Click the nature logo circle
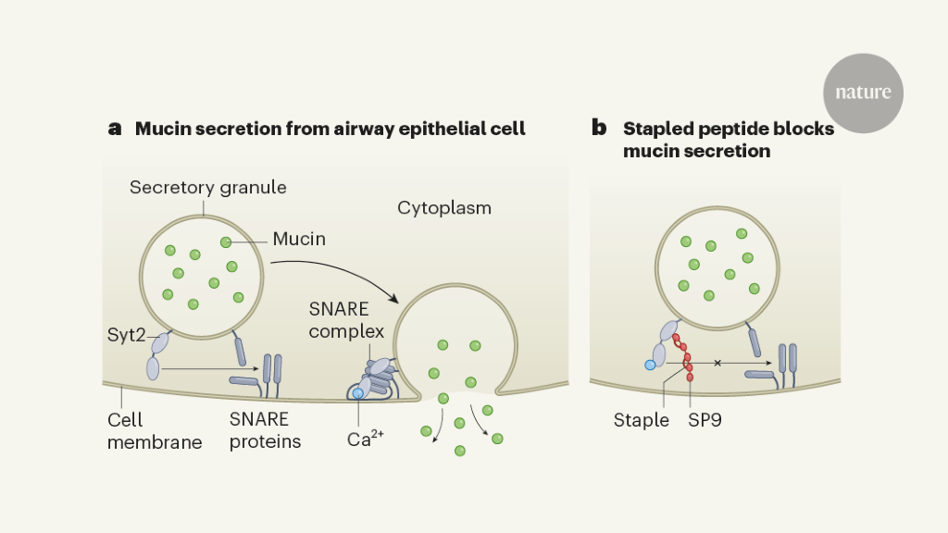(863, 93)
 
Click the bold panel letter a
(115, 129)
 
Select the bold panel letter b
(600, 129)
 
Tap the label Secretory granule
(207, 188)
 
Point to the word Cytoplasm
(444, 207)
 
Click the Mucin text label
(299, 240)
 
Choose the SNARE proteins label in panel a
(265, 430)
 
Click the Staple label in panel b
(641, 420)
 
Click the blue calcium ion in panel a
(359, 394)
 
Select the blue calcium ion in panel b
(651, 366)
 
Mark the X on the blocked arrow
(717, 364)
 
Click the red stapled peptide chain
(686, 353)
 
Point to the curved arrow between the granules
(333, 269)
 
